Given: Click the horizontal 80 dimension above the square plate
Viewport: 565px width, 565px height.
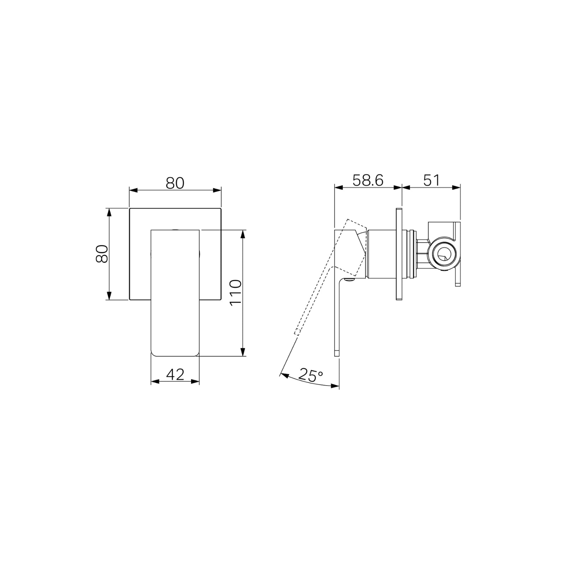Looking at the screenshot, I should click(x=175, y=183).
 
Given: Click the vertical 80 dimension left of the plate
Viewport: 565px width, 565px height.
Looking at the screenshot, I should click(x=102, y=254).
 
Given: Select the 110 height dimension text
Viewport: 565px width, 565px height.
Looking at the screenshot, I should click(x=235, y=293).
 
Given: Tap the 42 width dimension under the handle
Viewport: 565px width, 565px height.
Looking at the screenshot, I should click(x=175, y=374).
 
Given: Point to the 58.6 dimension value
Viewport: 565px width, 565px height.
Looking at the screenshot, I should click(x=368, y=180).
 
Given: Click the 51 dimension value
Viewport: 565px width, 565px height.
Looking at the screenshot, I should click(x=432, y=180).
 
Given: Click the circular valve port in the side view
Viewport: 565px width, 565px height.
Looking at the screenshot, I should click(x=443, y=254).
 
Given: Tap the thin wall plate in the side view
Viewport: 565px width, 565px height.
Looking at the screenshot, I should click(x=399, y=254).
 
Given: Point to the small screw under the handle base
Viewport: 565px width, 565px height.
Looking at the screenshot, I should click(x=350, y=280).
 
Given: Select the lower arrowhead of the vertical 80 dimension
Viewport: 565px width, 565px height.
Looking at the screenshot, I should click(x=109, y=296).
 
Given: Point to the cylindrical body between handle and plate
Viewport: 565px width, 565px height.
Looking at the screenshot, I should click(x=381, y=254).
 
